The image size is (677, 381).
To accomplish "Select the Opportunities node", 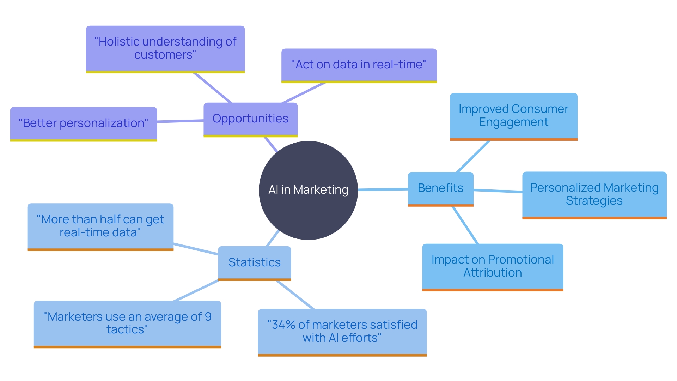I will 250,119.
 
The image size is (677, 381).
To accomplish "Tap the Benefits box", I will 440,188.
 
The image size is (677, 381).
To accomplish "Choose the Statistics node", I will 254,262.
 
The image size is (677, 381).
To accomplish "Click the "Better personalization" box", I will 83,123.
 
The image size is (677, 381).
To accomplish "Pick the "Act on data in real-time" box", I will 359,65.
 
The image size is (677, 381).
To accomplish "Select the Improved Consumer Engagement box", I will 513,116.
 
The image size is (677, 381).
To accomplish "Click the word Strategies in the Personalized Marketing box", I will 594,201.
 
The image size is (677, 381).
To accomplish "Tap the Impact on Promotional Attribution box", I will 493,266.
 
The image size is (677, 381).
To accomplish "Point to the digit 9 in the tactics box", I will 208,317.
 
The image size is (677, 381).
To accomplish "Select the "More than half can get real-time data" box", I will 100,226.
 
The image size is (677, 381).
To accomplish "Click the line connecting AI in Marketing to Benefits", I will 383,189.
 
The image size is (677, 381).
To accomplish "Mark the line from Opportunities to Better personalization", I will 180,121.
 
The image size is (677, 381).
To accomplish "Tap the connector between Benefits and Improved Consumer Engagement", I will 473,156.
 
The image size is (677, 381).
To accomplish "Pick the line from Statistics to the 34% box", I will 295,295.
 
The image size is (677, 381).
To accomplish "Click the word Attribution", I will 492,273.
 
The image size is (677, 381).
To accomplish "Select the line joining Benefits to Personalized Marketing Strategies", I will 498,191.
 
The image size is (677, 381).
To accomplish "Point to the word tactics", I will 125,329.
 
